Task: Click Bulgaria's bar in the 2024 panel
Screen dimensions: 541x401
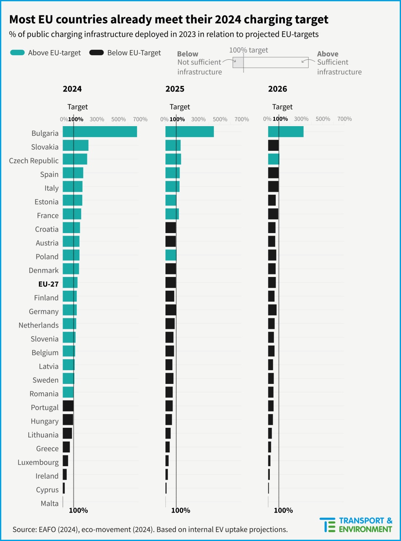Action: pos(100,132)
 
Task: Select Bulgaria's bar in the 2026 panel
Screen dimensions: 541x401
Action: pos(286,132)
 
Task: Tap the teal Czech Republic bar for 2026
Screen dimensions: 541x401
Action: pos(274,159)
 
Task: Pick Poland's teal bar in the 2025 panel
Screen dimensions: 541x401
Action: pos(171,255)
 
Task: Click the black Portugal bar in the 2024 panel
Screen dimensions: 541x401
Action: pos(68,406)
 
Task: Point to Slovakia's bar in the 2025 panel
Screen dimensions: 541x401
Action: pos(173,145)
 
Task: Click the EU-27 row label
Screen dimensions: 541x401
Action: pos(48,284)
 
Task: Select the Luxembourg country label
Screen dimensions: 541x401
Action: pos(38,462)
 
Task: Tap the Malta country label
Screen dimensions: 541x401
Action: pos(49,503)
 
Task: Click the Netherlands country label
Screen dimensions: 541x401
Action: pos(38,325)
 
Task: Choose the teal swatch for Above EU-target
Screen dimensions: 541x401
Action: pos(17,53)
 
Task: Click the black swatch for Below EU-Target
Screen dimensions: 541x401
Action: pos(96,53)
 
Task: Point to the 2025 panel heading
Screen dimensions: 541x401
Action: pos(175,89)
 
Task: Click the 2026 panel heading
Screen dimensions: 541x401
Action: pos(277,89)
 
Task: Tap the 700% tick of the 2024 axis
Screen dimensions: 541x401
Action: pos(140,119)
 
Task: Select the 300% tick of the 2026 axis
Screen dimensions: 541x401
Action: pos(301,119)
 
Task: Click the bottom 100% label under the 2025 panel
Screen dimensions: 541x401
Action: pos(180,511)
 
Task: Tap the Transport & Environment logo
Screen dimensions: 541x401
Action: pos(356,525)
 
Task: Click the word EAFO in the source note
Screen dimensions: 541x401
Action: pos(47,530)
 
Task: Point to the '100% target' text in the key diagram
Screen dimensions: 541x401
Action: pos(249,50)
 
